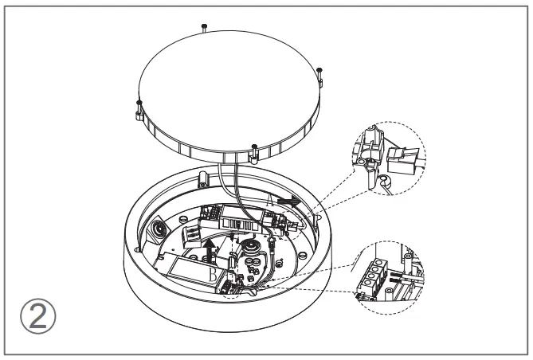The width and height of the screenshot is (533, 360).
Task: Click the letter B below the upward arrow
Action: click(x=211, y=272)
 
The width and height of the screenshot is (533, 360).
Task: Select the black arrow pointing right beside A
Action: click(x=288, y=203)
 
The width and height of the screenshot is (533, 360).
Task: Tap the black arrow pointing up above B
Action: click(x=209, y=249)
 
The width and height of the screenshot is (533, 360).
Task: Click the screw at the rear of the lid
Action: click(x=206, y=27)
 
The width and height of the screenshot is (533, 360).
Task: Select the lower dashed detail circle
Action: click(x=387, y=276)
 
